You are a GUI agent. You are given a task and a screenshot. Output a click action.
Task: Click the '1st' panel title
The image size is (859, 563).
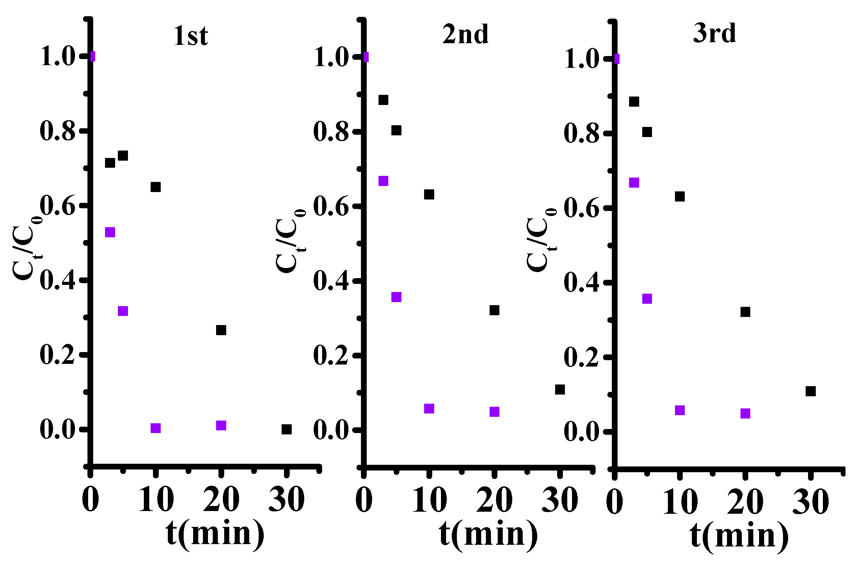point(190,36)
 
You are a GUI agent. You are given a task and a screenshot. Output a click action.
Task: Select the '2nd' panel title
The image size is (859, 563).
point(465,35)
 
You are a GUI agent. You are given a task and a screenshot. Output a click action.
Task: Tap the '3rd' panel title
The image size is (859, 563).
point(714,33)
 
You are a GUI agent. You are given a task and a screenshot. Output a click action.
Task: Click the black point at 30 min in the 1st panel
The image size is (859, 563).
point(286,429)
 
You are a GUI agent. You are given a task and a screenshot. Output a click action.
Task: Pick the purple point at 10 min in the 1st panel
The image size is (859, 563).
point(155,428)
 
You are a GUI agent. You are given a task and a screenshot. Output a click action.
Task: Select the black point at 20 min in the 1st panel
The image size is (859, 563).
point(221,330)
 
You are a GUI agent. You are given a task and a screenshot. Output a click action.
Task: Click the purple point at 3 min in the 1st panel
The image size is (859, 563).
point(110,232)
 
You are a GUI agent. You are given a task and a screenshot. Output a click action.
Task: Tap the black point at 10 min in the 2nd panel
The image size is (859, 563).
point(429,194)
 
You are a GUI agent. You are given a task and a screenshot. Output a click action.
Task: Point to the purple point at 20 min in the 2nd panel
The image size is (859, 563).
point(494,412)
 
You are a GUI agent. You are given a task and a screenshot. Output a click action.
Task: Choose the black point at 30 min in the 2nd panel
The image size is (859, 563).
point(559,390)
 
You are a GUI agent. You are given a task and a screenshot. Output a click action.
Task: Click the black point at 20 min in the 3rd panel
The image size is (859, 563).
point(745,312)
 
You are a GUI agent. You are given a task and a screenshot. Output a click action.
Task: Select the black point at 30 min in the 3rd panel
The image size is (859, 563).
point(811,391)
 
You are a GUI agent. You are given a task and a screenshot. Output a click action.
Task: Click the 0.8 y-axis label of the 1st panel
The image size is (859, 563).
point(58,131)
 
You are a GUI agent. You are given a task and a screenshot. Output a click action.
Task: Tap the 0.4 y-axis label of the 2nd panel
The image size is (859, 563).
point(331,281)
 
